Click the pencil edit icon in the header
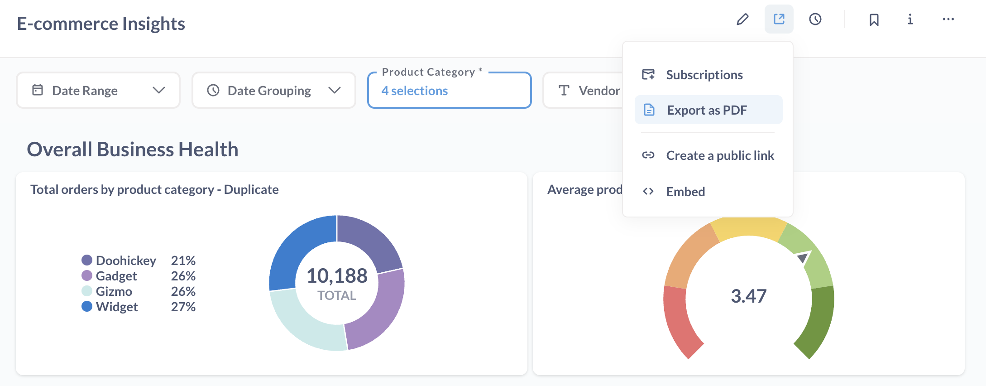pos(742,19)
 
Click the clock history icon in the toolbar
pos(815,19)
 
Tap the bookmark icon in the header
pos(874,19)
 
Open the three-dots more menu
pos(948,19)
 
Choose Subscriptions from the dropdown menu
pos(704,75)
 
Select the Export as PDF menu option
pos(707,110)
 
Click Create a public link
pos(720,155)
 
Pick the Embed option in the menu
pos(685,192)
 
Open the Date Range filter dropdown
pos(98,91)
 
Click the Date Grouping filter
pos(273,91)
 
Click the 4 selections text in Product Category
pos(415,91)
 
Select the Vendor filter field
pos(589,91)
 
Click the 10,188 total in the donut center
pos(337,276)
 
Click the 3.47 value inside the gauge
pos(749,296)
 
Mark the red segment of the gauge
pos(679,322)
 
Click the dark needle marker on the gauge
pos(803,258)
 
